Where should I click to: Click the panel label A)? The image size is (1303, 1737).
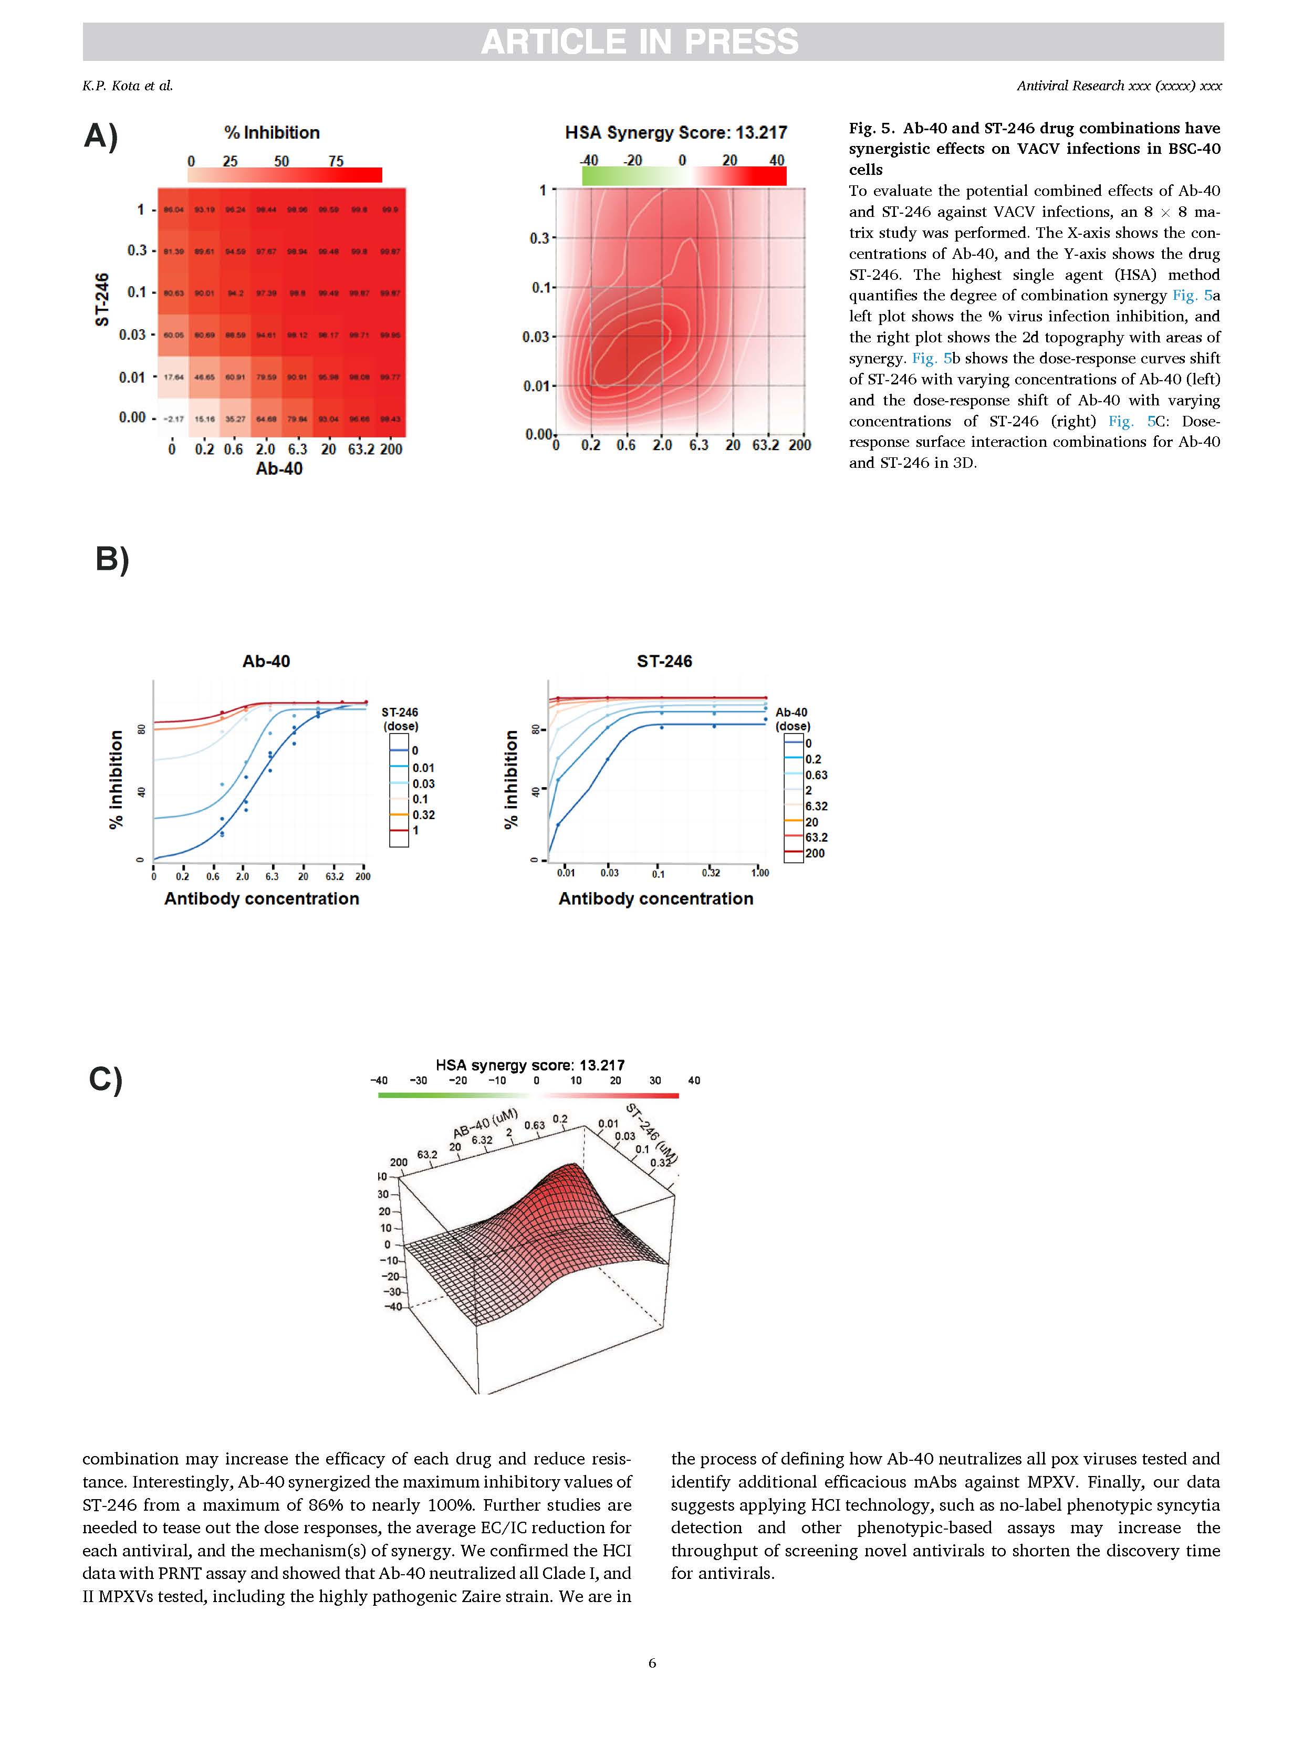[100, 136]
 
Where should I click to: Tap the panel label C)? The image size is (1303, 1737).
[105, 1079]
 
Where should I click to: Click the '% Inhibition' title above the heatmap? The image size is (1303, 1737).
[272, 133]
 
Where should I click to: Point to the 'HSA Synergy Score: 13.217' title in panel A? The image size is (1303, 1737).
[675, 133]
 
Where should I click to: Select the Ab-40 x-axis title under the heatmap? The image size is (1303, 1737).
[279, 469]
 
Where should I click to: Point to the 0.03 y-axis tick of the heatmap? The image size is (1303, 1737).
[132, 334]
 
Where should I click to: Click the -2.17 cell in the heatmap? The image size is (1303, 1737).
[173, 418]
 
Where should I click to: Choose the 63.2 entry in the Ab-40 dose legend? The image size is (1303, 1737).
[816, 837]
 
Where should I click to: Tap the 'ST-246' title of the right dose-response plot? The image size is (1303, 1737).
[664, 661]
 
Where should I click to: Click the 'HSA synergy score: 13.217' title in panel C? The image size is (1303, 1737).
[530, 1065]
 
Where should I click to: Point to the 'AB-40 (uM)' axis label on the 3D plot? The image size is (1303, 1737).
[485, 1123]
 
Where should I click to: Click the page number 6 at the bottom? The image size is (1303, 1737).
[652, 1662]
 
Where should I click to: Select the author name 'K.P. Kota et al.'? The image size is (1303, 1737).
[127, 86]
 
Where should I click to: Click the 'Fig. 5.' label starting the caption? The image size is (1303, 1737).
[871, 128]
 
